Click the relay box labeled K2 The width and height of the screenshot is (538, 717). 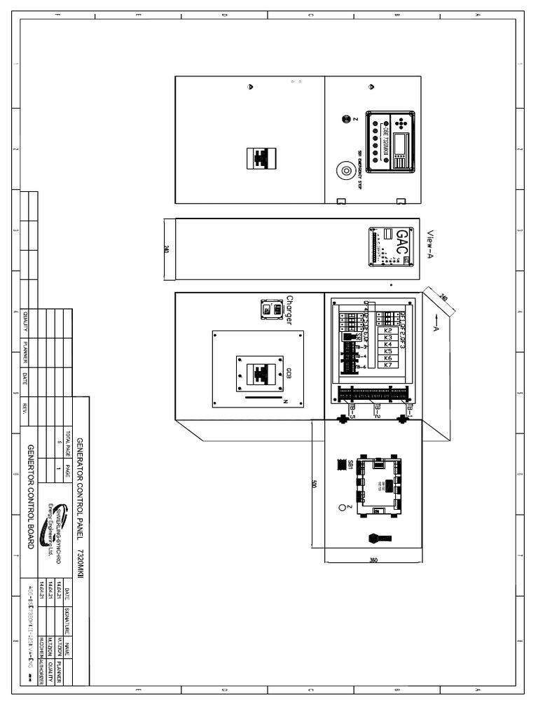(388, 330)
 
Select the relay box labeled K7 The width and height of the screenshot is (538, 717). (388, 366)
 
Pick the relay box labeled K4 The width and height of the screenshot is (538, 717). (388, 344)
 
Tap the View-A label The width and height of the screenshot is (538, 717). (430, 245)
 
